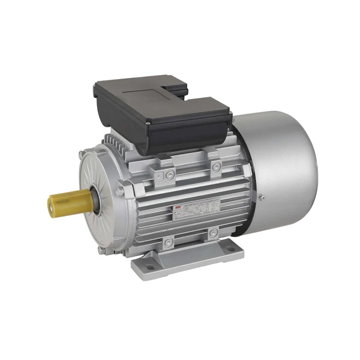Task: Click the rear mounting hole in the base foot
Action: (230, 249)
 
